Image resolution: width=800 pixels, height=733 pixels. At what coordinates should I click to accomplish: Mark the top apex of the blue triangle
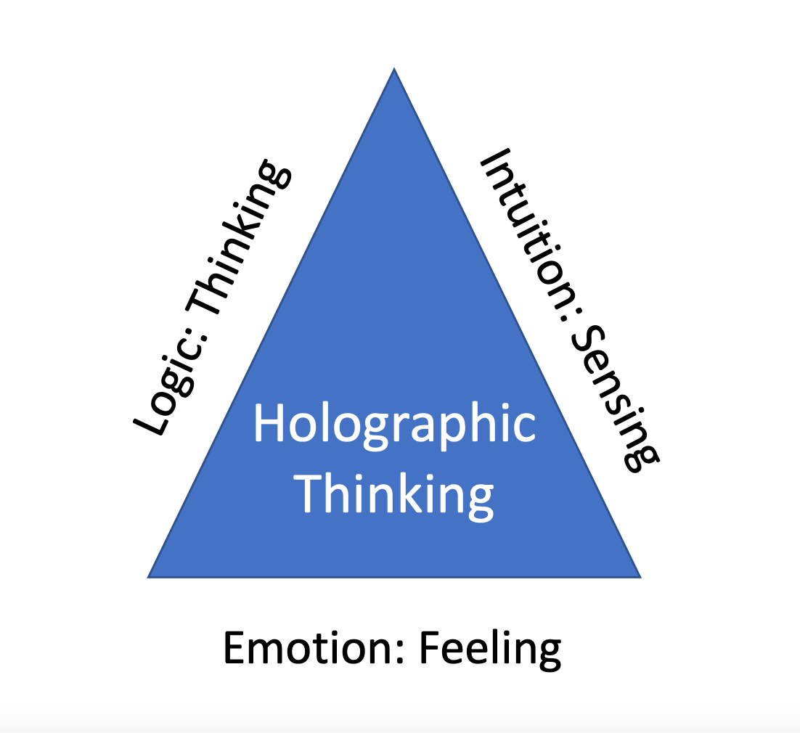tap(394, 69)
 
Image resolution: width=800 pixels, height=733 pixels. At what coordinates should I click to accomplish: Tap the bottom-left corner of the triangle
tap(149, 577)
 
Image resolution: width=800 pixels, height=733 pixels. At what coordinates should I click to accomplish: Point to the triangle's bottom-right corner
tap(640, 577)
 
